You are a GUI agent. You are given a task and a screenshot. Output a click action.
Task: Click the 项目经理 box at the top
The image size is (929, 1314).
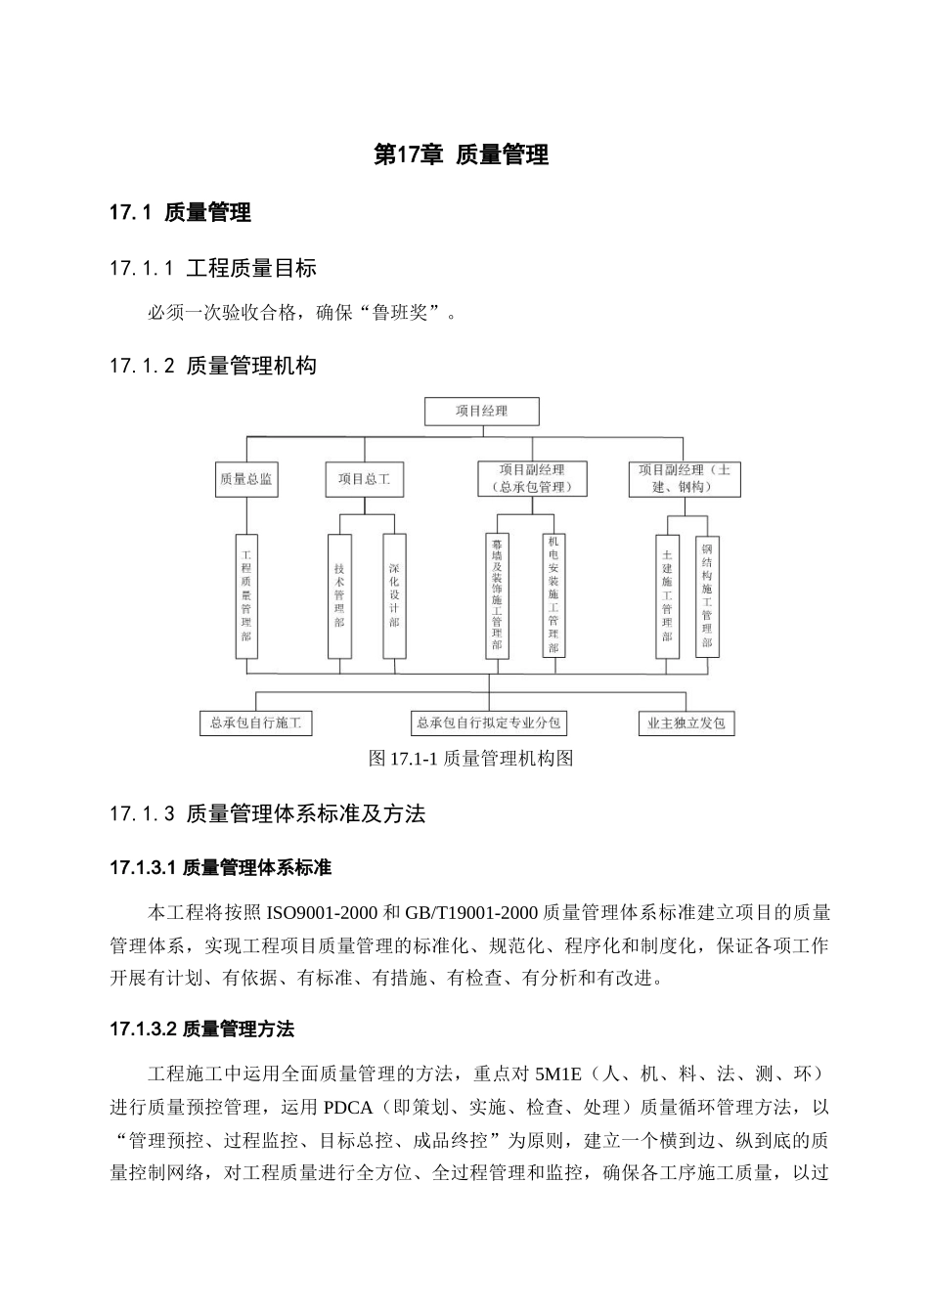pyautogui.click(x=481, y=411)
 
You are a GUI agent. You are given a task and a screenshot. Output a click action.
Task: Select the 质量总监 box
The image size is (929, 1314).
pyautogui.click(x=246, y=480)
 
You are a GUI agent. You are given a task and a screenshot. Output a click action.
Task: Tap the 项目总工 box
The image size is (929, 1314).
pyautogui.click(x=364, y=480)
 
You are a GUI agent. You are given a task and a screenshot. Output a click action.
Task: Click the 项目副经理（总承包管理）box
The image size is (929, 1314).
pyautogui.click(x=532, y=478)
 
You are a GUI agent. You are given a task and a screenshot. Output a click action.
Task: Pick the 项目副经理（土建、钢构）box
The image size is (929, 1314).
pyautogui.click(x=685, y=478)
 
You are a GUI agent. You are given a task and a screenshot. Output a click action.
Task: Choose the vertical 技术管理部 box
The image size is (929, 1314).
pyautogui.click(x=339, y=594)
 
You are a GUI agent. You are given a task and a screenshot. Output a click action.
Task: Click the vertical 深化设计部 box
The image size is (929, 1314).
pyautogui.click(x=394, y=594)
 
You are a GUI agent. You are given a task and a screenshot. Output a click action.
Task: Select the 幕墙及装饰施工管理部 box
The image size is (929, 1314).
pyautogui.click(x=497, y=594)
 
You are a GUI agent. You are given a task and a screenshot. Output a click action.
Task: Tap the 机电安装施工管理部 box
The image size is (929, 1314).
pyautogui.click(x=553, y=594)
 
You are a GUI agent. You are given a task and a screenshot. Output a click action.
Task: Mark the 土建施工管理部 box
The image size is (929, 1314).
pyautogui.click(x=667, y=594)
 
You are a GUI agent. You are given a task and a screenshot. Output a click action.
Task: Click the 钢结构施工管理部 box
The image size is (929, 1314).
pyautogui.click(x=707, y=594)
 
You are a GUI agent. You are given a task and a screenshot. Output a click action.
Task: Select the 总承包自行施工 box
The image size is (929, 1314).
pyautogui.click(x=255, y=723)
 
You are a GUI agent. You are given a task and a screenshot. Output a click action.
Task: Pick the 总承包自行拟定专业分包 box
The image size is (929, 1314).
pyautogui.click(x=489, y=723)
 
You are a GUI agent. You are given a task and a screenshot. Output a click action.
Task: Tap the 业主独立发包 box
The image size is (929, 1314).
pyautogui.click(x=686, y=723)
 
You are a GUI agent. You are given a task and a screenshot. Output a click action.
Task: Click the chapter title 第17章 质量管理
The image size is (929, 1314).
pyautogui.click(x=462, y=154)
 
